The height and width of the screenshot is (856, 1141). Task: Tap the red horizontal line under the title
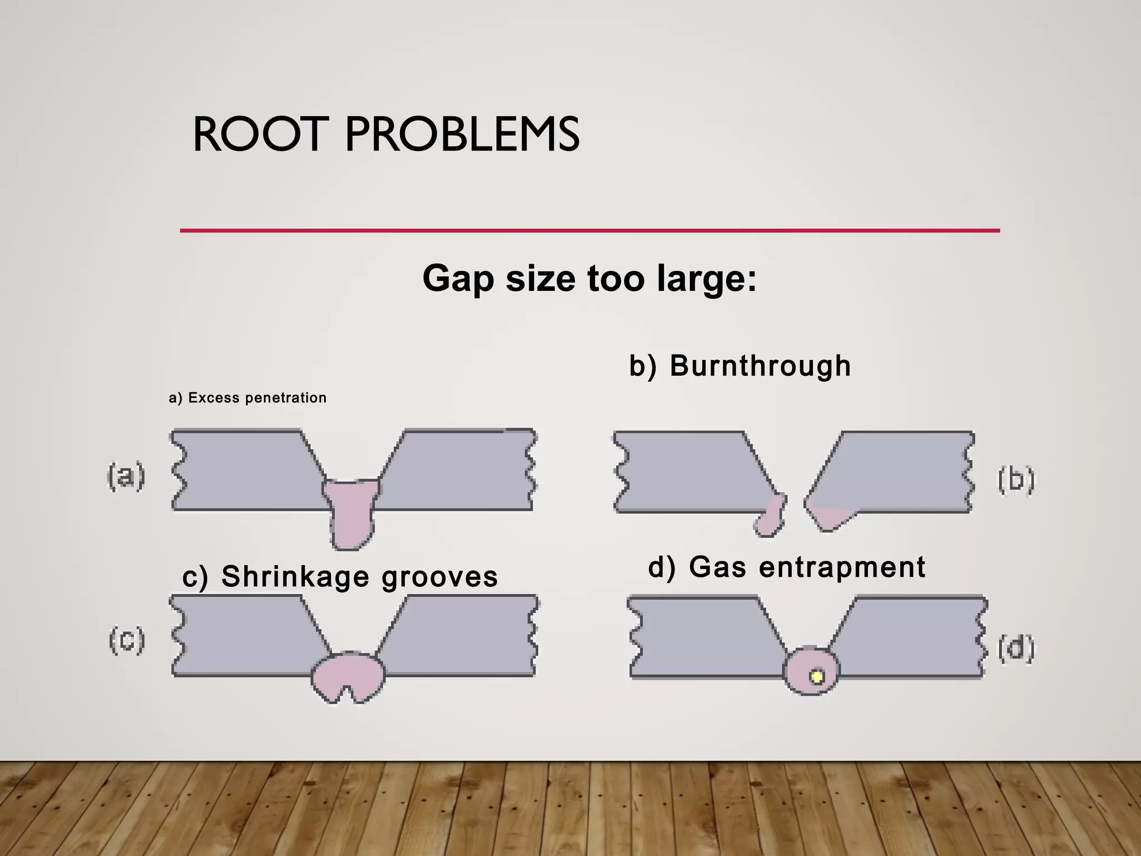click(590, 230)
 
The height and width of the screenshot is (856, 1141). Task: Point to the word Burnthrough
click(760, 366)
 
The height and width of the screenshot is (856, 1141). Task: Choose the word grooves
click(440, 577)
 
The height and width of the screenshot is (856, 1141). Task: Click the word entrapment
click(842, 567)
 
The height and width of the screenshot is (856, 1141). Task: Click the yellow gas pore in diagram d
click(817, 677)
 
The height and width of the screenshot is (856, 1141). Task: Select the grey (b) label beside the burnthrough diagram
click(1016, 480)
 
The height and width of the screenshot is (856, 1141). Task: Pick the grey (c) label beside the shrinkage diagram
click(127, 640)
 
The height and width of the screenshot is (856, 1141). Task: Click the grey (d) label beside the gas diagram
click(1016, 648)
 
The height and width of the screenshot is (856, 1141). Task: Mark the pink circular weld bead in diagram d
click(811, 670)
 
